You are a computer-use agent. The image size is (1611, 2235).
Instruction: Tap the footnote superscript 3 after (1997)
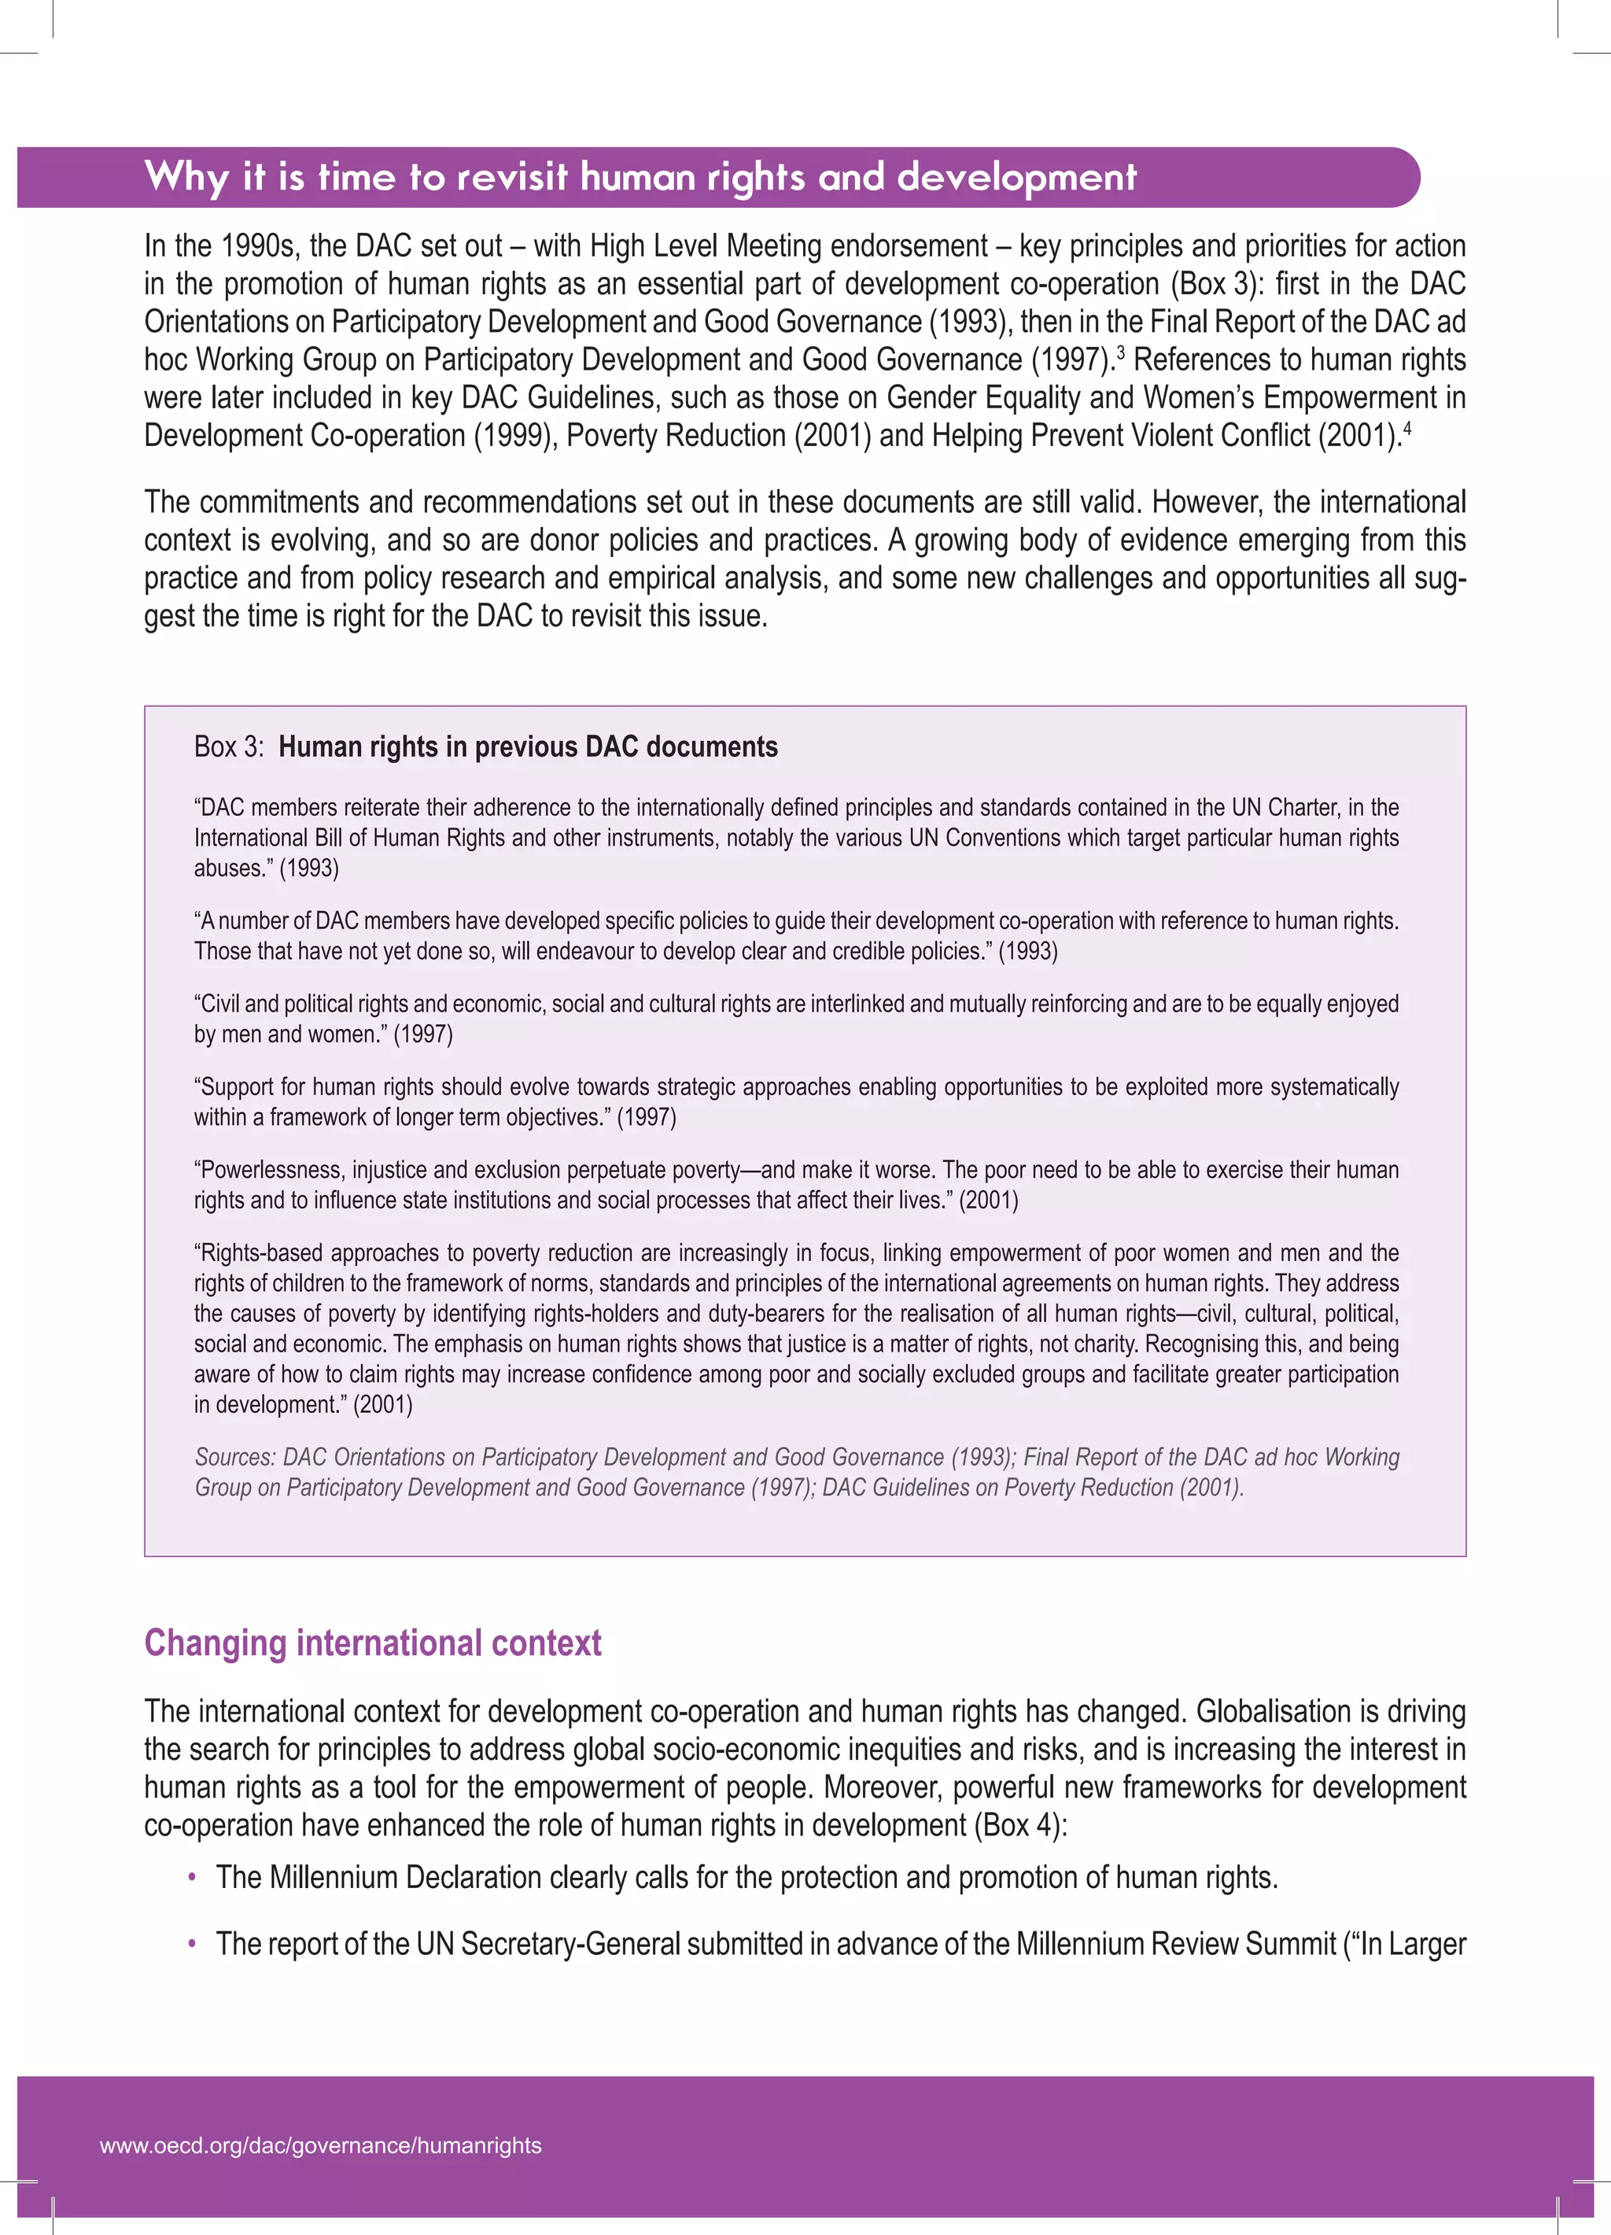coord(1121,351)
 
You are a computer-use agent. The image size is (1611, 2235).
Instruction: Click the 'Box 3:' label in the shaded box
coord(229,747)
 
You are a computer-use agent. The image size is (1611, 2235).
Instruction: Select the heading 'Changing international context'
coord(372,1643)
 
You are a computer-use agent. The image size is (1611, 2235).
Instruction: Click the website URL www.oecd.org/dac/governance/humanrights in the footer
coord(320,2145)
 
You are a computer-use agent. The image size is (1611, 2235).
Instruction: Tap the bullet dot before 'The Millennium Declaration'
coord(192,1879)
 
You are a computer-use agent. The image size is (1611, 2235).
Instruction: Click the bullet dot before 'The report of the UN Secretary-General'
coord(192,1944)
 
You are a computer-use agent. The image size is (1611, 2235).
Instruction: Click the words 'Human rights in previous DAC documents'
coord(528,747)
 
